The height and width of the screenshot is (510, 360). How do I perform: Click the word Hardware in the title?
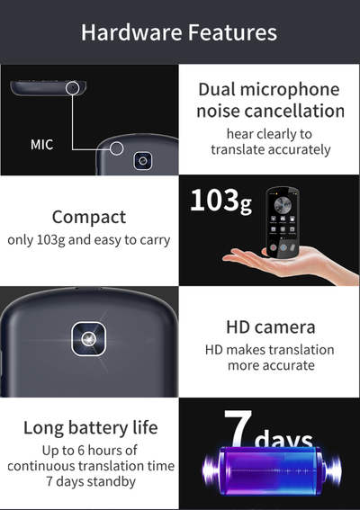(131, 32)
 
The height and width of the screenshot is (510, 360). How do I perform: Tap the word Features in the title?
(232, 32)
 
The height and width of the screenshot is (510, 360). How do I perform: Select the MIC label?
(41, 145)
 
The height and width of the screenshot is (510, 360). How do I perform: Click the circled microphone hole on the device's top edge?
(72, 88)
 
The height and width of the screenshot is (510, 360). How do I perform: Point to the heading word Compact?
(89, 218)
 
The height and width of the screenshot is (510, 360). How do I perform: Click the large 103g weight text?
(221, 201)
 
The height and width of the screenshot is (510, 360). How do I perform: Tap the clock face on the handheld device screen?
(283, 205)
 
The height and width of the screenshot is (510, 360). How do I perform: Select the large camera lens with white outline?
(88, 339)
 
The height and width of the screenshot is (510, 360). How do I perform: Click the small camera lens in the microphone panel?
(142, 161)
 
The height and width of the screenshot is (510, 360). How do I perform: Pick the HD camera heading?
(271, 327)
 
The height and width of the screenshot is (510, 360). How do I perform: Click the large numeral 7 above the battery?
(238, 427)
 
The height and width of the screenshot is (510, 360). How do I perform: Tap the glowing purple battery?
(272, 470)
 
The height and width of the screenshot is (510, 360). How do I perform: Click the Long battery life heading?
(91, 428)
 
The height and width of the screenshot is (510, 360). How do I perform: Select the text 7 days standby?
(91, 481)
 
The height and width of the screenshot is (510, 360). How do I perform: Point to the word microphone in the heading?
(290, 90)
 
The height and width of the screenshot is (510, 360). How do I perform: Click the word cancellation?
(294, 111)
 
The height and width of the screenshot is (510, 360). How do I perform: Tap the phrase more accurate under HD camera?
(271, 365)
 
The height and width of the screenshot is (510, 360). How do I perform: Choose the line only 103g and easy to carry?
(89, 240)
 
